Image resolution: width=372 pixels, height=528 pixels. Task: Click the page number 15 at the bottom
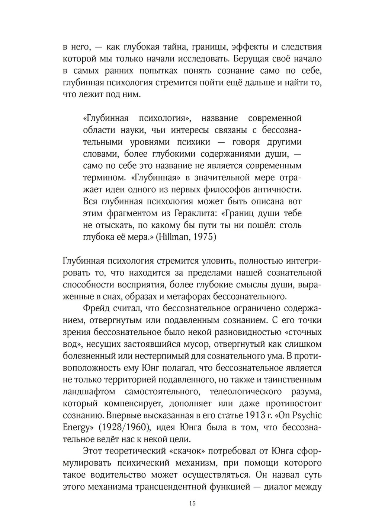click(192, 503)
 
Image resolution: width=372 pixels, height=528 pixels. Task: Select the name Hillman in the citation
click(174, 237)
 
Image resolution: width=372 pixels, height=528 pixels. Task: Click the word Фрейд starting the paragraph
click(96, 308)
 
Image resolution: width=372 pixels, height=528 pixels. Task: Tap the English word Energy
click(76, 427)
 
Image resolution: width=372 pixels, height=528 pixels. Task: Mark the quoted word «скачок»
click(186, 451)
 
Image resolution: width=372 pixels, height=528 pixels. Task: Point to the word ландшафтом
click(89, 392)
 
